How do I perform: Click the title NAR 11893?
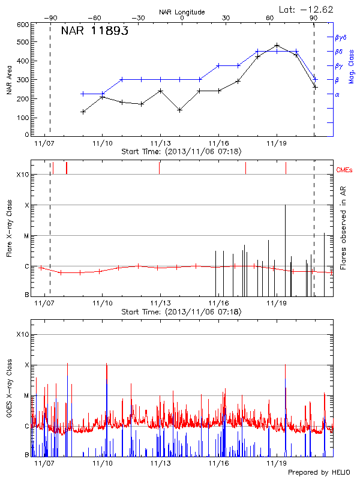(x=95, y=32)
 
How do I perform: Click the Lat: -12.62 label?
(x=307, y=9)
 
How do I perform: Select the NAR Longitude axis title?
(x=182, y=12)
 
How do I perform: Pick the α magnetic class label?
(x=337, y=94)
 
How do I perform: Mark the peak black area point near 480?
(x=277, y=45)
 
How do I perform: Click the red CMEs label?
(x=344, y=170)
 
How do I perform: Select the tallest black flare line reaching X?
(x=285, y=249)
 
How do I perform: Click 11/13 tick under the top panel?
(x=160, y=143)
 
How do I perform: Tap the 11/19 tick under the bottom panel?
(x=276, y=464)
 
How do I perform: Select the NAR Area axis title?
(x=9, y=80)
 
